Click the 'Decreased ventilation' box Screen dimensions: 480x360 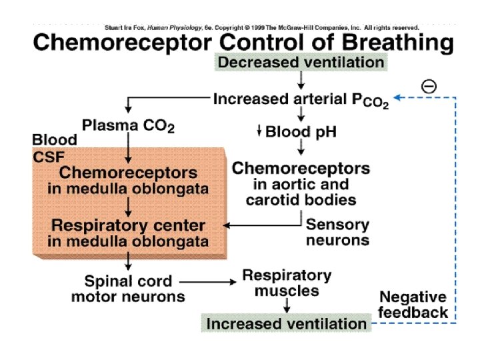point(301,62)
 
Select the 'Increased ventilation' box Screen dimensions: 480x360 point(286,323)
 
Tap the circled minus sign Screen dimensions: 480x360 point(429,86)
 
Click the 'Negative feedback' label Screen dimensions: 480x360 point(413,305)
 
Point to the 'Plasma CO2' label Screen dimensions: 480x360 point(128,126)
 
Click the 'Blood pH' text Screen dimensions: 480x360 point(301,132)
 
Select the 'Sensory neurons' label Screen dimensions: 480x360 point(337,232)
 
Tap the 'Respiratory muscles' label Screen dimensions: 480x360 point(287,283)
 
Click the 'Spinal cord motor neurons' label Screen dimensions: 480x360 point(128,289)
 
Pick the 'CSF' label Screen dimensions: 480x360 point(49,157)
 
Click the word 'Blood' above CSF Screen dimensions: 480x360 point(55,140)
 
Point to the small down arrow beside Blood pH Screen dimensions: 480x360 point(259,131)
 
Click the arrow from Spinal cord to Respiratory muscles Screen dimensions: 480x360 point(208,282)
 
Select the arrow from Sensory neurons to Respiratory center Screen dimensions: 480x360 point(263,225)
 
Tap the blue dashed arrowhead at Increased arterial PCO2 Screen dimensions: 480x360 point(397,97)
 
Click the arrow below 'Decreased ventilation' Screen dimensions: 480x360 point(301,81)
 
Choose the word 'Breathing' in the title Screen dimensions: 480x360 point(397,43)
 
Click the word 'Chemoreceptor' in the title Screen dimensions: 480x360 point(123,43)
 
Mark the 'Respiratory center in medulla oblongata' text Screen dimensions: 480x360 point(128,233)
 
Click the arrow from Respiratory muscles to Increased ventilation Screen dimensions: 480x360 point(287,305)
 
